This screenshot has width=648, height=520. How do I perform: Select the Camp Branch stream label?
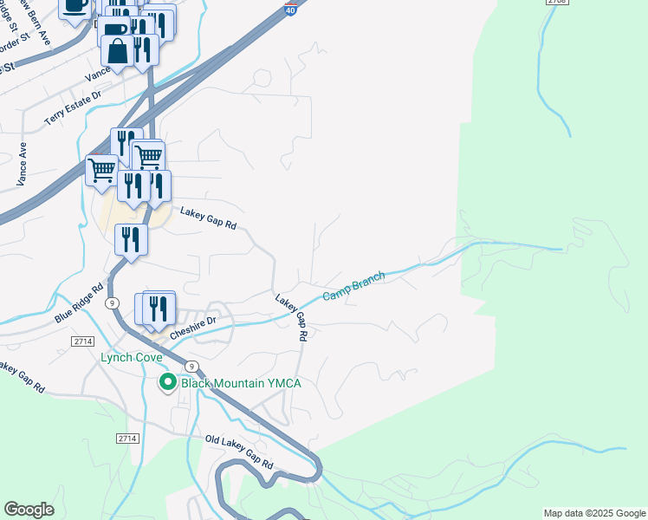[x=353, y=287]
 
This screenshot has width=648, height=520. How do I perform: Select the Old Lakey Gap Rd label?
[x=239, y=453]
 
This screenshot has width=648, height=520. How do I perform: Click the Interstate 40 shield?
[x=290, y=8]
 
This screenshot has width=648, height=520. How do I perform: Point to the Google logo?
[x=29, y=510]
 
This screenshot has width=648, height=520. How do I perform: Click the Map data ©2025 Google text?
[x=594, y=513]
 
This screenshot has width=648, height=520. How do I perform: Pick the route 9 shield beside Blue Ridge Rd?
[x=112, y=302]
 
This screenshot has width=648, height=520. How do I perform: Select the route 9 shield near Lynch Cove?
[x=191, y=366]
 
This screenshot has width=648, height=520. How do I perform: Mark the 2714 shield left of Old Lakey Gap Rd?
[x=126, y=439]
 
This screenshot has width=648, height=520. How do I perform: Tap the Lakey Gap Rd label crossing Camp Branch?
[x=293, y=316]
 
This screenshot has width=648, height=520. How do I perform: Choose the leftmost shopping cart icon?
[x=102, y=169]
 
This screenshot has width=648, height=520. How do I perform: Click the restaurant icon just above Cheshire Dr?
[x=159, y=309]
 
